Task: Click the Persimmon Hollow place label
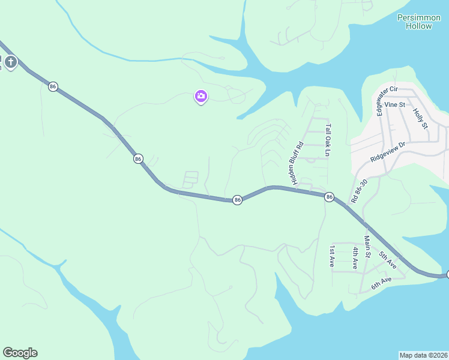[419, 22]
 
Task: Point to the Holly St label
[420, 118]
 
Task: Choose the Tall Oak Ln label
[328, 140]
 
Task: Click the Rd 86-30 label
[360, 191]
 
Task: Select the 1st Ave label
[331, 256]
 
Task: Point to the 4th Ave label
[355, 257]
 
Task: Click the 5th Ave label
[387, 259]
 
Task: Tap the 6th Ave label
[381, 283]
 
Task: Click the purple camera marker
[201, 96]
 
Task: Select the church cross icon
[11, 61]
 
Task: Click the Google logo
[20, 353]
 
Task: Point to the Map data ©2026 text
[423, 355]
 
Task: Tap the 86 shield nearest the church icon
[53, 87]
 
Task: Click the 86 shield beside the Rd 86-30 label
[329, 197]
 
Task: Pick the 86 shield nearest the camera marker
[139, 159]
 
